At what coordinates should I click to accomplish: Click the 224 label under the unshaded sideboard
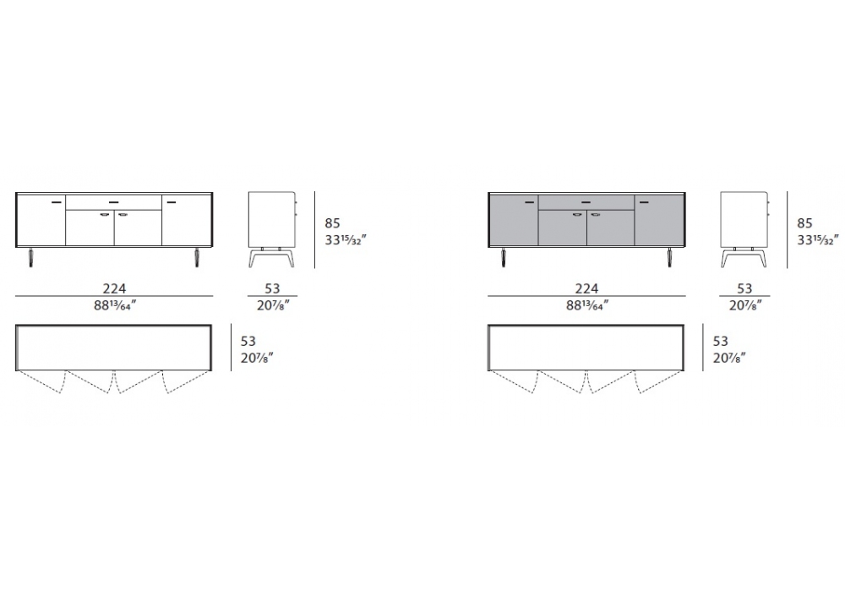114,288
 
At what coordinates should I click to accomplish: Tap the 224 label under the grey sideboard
586,288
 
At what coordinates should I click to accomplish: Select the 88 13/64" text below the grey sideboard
587,305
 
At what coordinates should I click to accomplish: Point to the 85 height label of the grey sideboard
804,222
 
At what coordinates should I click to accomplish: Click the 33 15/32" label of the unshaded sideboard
346,239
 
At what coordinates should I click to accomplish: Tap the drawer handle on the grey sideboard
586,202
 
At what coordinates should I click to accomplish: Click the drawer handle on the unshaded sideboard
114,202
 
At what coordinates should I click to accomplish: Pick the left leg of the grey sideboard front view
504,257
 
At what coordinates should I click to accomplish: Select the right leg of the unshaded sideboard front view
197,257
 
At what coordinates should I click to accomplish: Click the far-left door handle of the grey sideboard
529,202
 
